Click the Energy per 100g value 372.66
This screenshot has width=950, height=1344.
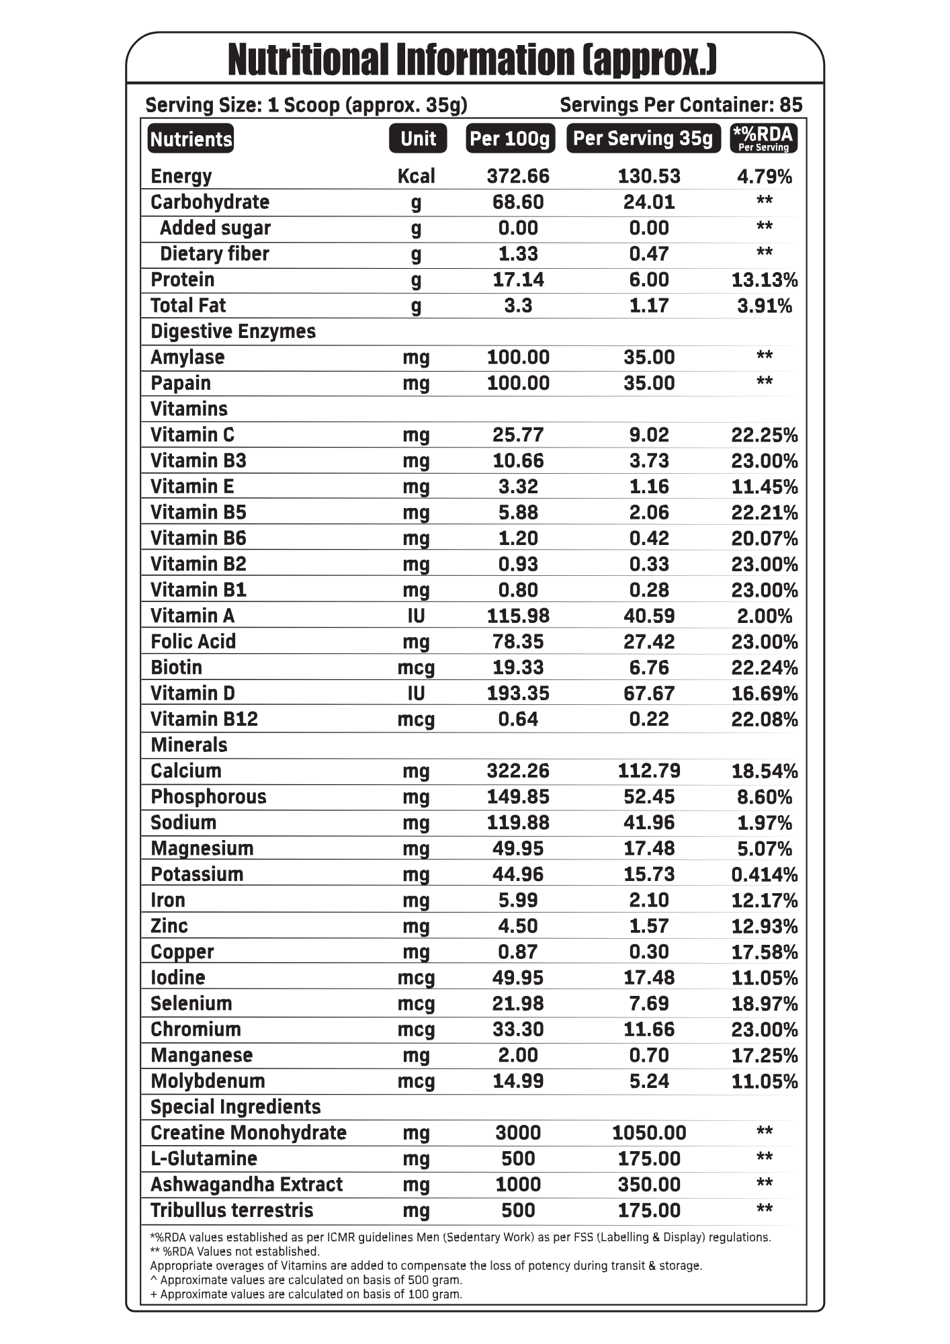pyautogui.click(x=517, y=176)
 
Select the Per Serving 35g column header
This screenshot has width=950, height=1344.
pyautogui.click(x=643, y=138)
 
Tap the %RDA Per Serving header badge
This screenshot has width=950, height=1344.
pyautogui.click(x=763, y=138)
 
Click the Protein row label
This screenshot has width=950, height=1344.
pyautogui.click(x=182, y=280)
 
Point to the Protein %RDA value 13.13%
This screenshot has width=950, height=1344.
pyautogui.click(x=764, y=280)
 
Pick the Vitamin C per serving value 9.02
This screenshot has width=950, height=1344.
pyautogui.click(x=649, y=435)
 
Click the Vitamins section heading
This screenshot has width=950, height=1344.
pyautogui.click(x=189, y=409)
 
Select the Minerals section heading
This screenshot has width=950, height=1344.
pyautogui.click(x=189, y=745)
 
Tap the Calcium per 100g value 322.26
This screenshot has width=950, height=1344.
pyautogui.click(x=517, y=771)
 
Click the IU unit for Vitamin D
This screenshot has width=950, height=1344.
pyautogui.click(x=417, y=693)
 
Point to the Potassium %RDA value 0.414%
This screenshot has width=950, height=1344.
pyautogui.click(x=764, y=874)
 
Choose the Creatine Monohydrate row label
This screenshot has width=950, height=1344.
pyautogui.click(x=248, y=1132)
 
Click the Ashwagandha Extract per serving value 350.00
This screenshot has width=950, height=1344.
pyautogui.click(x=649, y=1184)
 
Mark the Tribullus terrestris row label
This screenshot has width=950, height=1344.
pyautogui.click(x=232, y=1210)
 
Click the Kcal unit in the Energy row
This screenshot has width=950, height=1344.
pyautogui.click(x=417, y=176)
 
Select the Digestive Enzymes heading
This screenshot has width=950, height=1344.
pyautogui.click(x=232, y=331)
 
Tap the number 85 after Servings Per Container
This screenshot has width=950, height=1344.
pyautogui.click(x=791, y=105)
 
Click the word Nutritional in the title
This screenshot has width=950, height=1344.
pyautogui.click(x=308, y=60)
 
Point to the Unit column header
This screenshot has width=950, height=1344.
pyautogui.click(x=418, y=138)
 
